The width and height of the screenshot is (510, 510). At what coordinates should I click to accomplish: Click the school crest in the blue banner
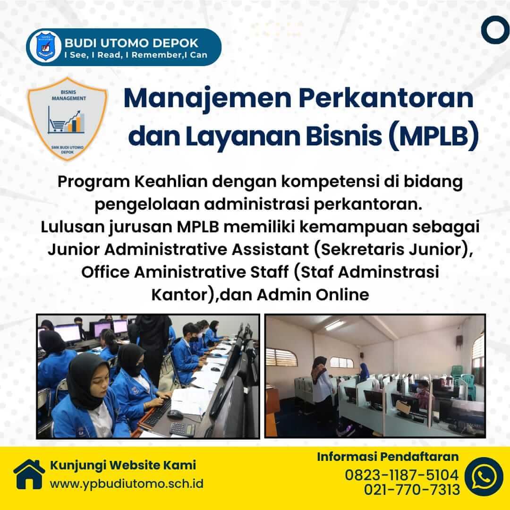45,46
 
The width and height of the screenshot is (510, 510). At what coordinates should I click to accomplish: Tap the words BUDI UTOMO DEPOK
131,43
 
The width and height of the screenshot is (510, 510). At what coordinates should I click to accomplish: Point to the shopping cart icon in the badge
57,125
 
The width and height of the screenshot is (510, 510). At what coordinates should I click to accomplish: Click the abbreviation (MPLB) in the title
434,136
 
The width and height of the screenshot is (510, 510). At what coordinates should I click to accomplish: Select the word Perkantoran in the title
386,98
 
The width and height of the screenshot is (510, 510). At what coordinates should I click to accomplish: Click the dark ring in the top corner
495,30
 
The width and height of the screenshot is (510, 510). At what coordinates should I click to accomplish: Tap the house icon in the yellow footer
29,474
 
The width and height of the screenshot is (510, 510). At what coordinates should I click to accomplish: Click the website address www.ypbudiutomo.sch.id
127,484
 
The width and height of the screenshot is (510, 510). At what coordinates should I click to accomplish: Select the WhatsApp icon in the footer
484,476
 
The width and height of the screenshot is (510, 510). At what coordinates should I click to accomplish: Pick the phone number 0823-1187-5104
402,475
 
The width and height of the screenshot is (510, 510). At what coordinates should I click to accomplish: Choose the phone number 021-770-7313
412,490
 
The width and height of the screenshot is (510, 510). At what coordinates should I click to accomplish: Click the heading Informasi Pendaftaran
388,457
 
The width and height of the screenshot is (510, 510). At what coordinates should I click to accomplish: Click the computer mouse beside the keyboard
175,415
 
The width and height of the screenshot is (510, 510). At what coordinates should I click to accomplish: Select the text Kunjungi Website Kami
123,465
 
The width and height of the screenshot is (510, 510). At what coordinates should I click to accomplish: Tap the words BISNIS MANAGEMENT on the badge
68,95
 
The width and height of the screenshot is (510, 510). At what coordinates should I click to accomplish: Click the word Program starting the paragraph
93,182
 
